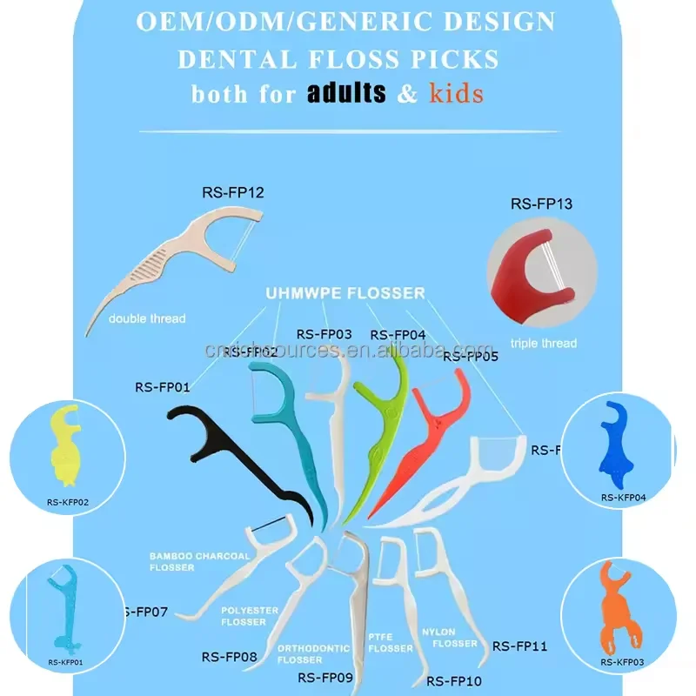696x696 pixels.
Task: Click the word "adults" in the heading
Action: coord(346,93)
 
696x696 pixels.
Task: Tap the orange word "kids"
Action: coord(456,93)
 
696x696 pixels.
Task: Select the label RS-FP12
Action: coord(230,191)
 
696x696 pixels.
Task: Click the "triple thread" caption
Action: coord(543,343)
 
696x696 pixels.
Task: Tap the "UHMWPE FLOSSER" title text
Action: coord(345,293)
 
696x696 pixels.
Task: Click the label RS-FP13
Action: coord(540,205)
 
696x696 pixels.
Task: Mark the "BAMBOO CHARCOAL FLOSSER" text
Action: coord(199,561)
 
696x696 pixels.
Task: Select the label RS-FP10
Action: coord(454,680)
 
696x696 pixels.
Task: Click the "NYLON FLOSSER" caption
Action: coord(449,637)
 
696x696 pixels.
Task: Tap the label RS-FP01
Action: coord(163,387)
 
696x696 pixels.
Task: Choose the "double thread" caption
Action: coord(147,318)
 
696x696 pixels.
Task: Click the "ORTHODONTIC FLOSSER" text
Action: coord(313,653)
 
